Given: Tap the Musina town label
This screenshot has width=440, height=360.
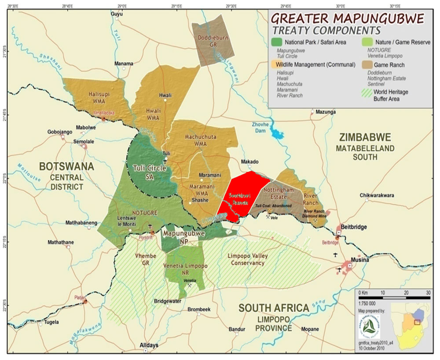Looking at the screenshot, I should coord(359,260).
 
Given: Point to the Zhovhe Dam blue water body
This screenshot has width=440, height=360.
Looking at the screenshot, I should coord(279,131).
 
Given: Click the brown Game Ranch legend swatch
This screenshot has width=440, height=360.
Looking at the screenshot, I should coord(365,65).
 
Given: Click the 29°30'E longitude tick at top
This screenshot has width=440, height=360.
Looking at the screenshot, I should coord(231,6).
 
